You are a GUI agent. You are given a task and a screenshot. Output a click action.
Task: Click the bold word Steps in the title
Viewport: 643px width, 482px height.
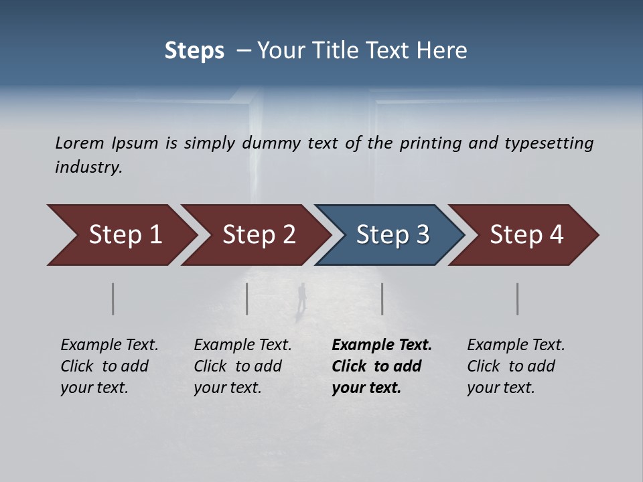[194, 51]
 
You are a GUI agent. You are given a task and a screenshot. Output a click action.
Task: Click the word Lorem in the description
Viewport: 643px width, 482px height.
[80, 143]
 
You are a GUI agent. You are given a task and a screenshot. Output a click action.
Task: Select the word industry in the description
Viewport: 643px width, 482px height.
[88, 167]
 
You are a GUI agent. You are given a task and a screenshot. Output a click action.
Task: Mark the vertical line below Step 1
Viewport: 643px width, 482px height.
[113, 299]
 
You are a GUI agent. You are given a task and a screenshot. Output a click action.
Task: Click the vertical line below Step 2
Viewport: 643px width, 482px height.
[247, 299]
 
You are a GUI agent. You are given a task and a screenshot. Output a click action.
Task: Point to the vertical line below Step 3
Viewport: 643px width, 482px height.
[382, 299]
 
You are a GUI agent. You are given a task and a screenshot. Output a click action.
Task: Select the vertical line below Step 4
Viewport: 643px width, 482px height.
[518, 299]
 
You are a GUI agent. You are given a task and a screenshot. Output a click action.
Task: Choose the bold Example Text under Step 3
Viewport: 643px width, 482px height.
[382, 345]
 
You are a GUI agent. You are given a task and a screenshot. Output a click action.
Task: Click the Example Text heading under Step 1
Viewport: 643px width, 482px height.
[109, 345]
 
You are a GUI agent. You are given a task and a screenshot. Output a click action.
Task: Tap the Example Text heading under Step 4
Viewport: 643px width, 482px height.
[516, 345]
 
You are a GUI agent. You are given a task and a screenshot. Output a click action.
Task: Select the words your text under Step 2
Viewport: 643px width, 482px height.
[228, 388]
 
